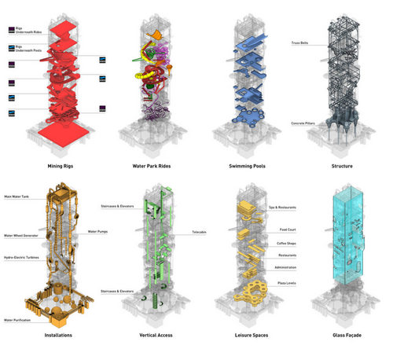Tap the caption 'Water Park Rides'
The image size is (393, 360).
(151, 167)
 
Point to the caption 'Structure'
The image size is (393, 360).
(342, 167)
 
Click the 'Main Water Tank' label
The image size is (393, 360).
(17, 196)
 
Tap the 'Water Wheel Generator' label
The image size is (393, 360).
(23, 235)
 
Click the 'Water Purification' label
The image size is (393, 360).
(20, 320)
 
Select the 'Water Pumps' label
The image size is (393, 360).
(98, 232)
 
